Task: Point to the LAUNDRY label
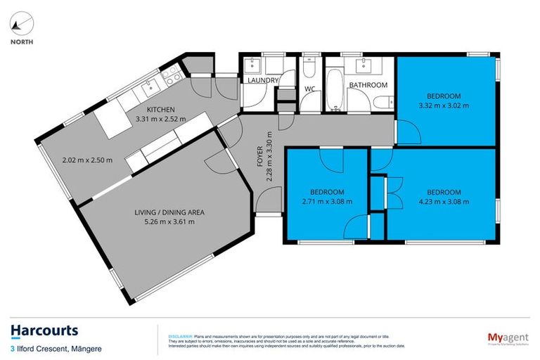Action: point(263,81)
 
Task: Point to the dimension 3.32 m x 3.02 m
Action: point(443,105)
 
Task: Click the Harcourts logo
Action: point(44,330)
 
